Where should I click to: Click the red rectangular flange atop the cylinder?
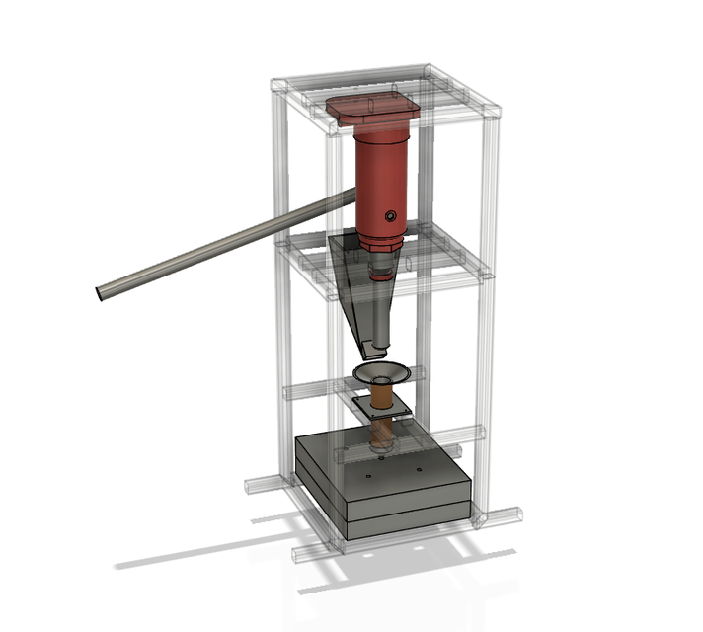pos(373,108)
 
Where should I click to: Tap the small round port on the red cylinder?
pos(391,214)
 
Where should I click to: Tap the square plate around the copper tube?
pos(381,406)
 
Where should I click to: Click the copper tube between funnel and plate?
pos(381,393)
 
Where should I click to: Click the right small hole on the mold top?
pos(420,467)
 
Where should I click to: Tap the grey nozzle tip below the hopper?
pos(376,347)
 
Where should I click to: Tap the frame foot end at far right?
pos(517,513)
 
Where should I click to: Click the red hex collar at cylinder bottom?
pos(380,242)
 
